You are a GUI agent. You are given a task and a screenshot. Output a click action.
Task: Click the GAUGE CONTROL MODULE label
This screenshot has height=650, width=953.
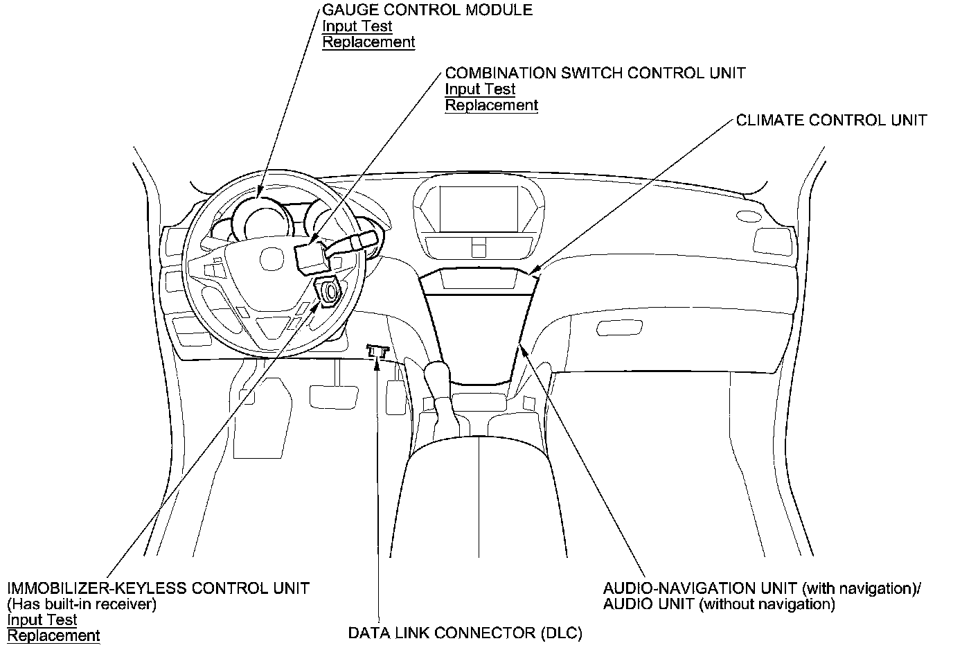click(x=427, y=10)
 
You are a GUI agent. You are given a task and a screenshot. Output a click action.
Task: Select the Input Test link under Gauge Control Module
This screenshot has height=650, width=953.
click(x=357, y=26)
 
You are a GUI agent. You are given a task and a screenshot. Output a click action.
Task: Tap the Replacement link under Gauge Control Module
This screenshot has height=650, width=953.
click(x=368, y=42)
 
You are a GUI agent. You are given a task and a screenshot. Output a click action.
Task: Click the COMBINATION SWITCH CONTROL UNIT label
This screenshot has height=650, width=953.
click(x=595, y=73)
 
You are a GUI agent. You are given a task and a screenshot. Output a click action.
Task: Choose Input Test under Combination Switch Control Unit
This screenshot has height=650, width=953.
click(x=480, y=89)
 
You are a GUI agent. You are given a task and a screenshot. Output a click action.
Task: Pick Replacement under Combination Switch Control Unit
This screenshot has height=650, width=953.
click(x=491, y=105)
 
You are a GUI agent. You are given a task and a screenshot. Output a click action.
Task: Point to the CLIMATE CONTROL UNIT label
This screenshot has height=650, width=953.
click(x=831, y=121)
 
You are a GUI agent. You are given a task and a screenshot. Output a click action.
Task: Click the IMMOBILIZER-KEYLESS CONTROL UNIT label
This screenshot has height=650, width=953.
click(x=159, y=589)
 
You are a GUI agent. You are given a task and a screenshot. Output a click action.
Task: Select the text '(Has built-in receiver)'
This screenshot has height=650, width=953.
click(x=82, y=604)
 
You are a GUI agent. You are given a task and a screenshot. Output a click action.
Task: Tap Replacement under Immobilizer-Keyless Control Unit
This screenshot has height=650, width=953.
click(x=53, y=635)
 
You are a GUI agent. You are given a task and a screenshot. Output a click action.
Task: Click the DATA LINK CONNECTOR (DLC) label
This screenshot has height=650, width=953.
click(x=465, y=633)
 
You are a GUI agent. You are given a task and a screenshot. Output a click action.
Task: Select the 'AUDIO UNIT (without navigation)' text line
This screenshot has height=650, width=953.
click(x=719, y=604)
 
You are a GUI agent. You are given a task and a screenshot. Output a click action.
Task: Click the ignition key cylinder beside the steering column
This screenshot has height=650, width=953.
click(x=328, y=292)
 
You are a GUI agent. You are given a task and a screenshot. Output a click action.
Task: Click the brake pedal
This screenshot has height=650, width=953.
click(x=334, y=396)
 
